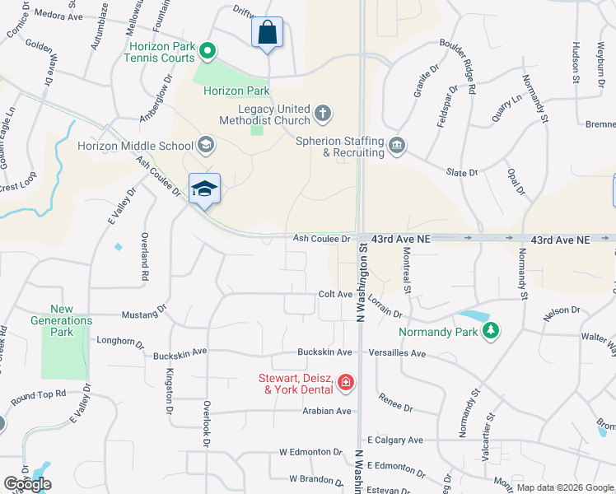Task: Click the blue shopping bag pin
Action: coord(267,33)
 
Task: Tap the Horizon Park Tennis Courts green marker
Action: coord(208,52)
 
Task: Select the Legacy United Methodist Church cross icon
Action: coord(323,112)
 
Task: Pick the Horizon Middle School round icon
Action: coord(205,146)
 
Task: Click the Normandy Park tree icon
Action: coord(492,331)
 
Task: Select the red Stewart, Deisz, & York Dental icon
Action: coord(345,381)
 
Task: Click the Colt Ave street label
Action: coord(335,294)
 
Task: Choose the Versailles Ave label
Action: coord(401,353)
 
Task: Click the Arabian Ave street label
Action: coord(327,411)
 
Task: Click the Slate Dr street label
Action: coord(462,173)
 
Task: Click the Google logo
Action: coord(27,484)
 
